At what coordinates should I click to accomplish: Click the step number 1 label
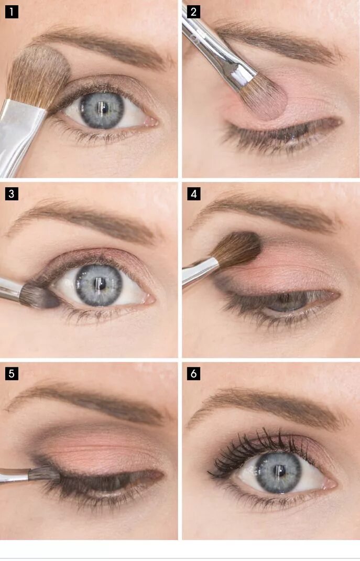pyautogui.click(x=12, y=12)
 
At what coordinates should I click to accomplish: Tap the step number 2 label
pyautogui.click(x=193, y=12)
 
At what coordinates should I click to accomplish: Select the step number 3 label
pyautogui.click(x=12, y=193)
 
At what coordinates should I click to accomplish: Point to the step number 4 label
pyautogui.click(x=193, y=193)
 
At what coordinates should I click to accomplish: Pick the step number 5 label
pyautogui.click(x=12, y=373)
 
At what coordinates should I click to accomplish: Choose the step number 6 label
pyautogui.click(x=193, y=373)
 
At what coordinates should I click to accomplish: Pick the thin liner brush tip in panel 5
pyautogui.click(x=45, y=473)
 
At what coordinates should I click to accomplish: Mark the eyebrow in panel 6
pyautogui.click(x=267, y=405)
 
